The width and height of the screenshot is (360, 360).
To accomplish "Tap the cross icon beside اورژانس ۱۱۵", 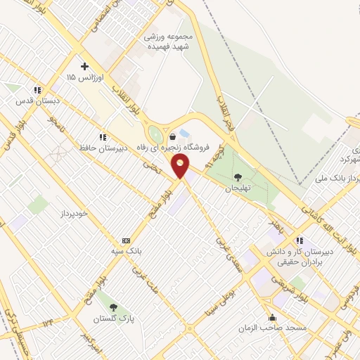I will [84, 66].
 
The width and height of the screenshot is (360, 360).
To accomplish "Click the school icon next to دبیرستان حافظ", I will [103, 137].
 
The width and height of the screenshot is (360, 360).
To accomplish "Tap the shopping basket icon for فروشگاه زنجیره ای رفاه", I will [173, 136].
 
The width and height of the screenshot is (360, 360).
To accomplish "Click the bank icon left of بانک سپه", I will [127, 240].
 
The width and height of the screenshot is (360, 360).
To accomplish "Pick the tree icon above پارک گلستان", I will [113, 307].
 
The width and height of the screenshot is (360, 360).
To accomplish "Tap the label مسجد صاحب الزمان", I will [272, 328].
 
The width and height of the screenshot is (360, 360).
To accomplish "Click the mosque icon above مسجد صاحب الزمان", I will [273, 318].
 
